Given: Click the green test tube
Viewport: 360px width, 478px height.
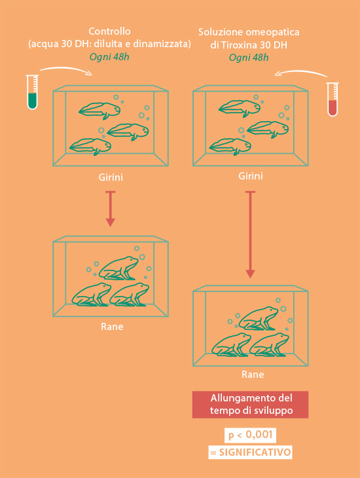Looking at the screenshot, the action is coord(32,92).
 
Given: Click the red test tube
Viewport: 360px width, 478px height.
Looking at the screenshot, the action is coord(333,99).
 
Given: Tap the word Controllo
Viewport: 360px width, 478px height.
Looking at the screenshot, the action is coord(109,31).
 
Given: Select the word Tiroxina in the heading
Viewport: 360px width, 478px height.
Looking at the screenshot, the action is coord(238,45).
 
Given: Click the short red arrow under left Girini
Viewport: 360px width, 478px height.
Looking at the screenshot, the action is coord(110,209).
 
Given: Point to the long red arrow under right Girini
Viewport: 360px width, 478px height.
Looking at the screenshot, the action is coord(250,234).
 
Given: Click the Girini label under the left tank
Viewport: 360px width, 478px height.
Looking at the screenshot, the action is coord(111,177).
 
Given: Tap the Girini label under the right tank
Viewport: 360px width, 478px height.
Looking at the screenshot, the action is coord(251,176).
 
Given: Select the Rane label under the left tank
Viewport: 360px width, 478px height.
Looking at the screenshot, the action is coord(112,327).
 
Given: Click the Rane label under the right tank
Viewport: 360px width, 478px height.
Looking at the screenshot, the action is coord(253,375).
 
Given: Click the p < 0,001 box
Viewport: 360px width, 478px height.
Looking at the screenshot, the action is coord(250,435).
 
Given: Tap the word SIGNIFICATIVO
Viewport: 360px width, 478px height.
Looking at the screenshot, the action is coord(255,452).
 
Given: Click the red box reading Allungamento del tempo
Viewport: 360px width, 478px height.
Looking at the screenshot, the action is coord(250,405).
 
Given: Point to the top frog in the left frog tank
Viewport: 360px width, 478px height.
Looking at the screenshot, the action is coord(118,268).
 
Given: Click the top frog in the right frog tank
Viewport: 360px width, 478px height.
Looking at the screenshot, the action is coord(258,318).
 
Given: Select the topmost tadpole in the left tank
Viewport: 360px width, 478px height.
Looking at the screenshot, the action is coord(99,111).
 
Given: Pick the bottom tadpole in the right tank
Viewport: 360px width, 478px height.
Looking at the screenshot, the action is coord(230,147).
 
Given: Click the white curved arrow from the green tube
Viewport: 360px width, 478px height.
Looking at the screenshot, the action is coord(66,70).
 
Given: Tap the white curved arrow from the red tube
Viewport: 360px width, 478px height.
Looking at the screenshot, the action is coord(301,73).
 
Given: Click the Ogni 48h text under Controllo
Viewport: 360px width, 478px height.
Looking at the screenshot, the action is coord(109,58).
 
